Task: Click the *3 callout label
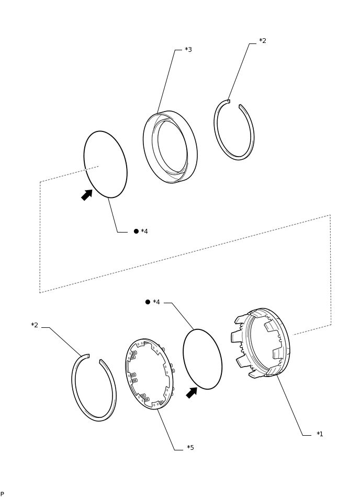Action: click(188, 50)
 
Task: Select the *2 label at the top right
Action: click(263, 41)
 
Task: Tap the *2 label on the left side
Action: click(35, 325)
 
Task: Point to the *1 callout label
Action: click(320, 434)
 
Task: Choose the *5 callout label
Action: click(190, 448)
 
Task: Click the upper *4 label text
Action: click(144, 231)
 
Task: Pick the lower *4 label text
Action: click(156, 302)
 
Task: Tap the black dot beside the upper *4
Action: click(136, 231)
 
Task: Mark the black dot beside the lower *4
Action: click(148, 302)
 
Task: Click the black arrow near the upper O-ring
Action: click(86, 195)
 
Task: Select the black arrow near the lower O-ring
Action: click(192, 393)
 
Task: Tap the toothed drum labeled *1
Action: click(262, 343)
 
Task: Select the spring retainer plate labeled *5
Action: click(150, 373)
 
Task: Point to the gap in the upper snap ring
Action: click(234, 103)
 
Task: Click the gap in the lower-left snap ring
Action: click(94, 357)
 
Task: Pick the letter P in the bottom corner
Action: click(2, 494)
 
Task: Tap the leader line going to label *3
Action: click(166, 81)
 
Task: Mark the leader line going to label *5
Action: click(166, 429)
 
